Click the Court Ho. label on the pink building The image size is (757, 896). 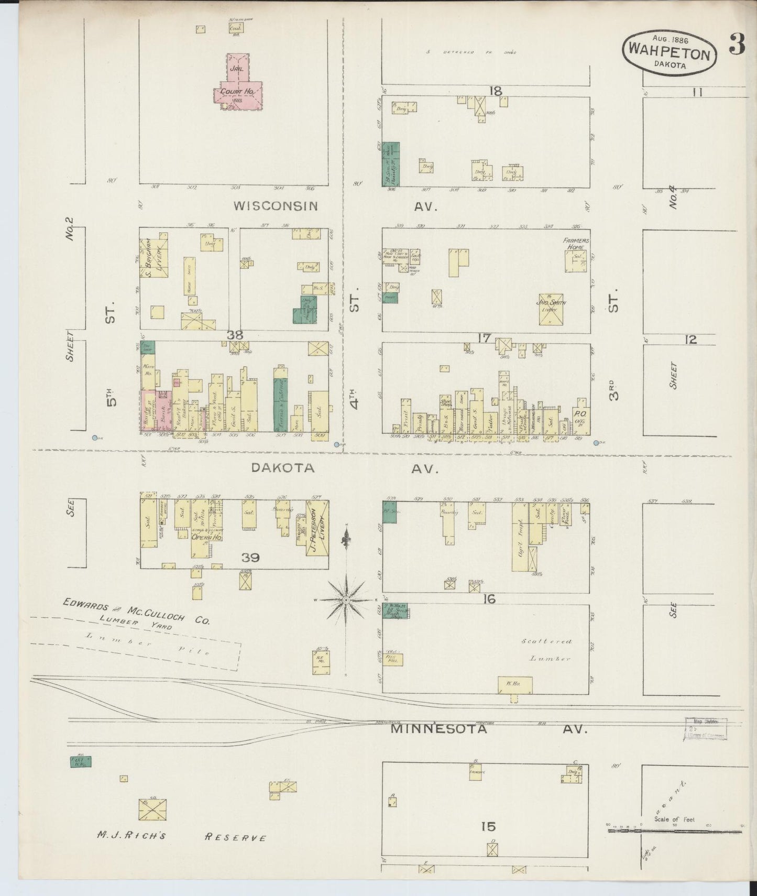point(242,92)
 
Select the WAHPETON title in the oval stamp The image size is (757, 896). point(669,52)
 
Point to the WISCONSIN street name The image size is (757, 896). point(276,206)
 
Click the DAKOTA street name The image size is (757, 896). point(283,468)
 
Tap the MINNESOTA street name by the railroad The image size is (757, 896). point(439,729)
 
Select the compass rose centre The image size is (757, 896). point(346,598)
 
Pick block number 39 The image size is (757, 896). point(250,558)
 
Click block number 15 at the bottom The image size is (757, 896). point(488,827)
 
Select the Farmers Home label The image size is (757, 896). point(576,244)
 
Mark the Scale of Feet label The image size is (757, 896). point(674,819)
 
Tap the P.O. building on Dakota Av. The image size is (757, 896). point(580,417)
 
